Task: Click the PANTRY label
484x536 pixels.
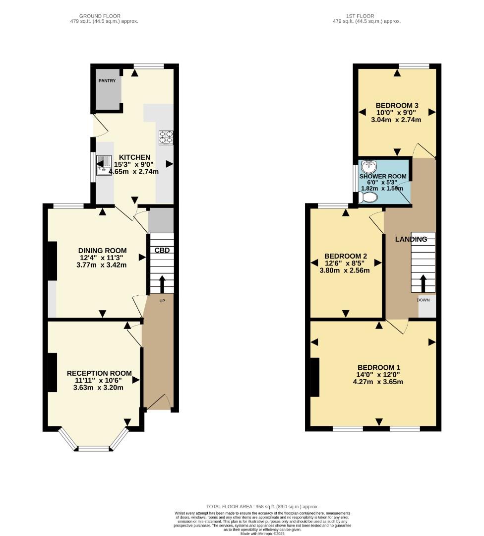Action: tap(107, 81)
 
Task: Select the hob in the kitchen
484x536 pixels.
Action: tap(166, 137)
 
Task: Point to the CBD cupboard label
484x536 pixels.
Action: tap(162, 250)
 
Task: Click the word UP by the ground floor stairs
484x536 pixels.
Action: tap(162, 301)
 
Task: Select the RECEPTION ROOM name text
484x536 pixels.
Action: tap(99, 373)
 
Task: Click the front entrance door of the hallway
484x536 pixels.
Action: tap(159, 402)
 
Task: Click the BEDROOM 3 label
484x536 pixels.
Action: tap(397, 105)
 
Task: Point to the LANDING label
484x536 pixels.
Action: tap(411, 239)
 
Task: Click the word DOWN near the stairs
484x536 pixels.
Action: tap(423, 300)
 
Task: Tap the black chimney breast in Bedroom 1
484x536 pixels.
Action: tap(315, 377)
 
